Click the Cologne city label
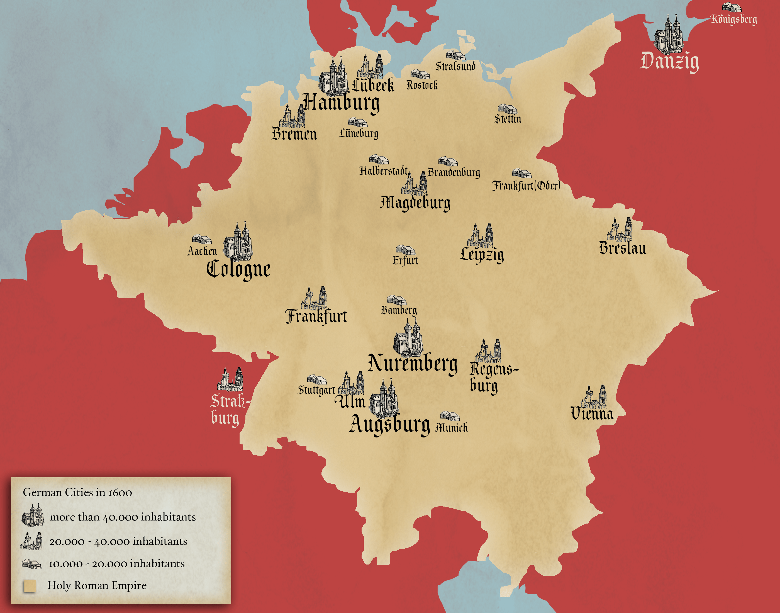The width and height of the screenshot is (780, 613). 238,269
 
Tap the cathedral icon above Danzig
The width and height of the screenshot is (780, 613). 668,35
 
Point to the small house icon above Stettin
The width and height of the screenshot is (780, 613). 507,109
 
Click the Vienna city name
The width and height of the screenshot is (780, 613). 592,413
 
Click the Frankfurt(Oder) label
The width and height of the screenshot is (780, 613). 526,186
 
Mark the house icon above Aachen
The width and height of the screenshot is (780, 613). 201,239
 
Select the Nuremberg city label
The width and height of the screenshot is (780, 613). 412,363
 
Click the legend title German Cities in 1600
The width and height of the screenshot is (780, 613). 77,492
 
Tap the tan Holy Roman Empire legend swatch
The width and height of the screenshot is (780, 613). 30,586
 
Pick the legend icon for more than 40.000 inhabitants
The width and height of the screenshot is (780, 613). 32,515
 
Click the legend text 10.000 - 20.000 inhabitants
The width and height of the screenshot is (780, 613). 117,564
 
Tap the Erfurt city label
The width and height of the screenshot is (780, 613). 405,260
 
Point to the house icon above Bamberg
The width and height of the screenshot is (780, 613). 396,300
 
